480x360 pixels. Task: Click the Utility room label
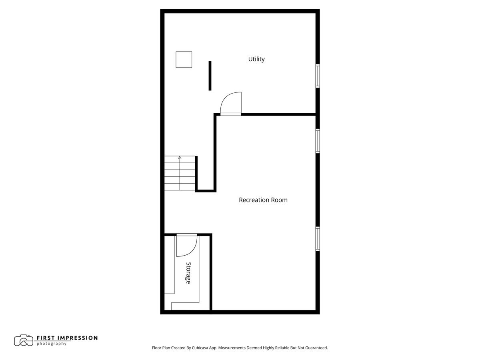256,59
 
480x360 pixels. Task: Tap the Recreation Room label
263,200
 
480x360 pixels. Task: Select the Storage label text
188,273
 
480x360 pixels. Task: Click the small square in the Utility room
184,60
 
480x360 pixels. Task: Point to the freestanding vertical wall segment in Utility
210,76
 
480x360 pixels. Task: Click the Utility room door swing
232,104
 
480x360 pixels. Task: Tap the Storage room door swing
186,245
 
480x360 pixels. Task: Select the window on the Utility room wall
318,76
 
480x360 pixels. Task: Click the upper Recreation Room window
318,141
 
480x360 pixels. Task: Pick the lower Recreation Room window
318,239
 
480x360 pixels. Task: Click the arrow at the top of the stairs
180,158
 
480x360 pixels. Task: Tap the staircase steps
180,174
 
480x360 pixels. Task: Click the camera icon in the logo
24,340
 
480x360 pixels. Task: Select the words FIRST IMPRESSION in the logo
67,338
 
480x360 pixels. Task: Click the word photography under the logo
52,344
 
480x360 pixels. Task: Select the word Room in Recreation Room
279,200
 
